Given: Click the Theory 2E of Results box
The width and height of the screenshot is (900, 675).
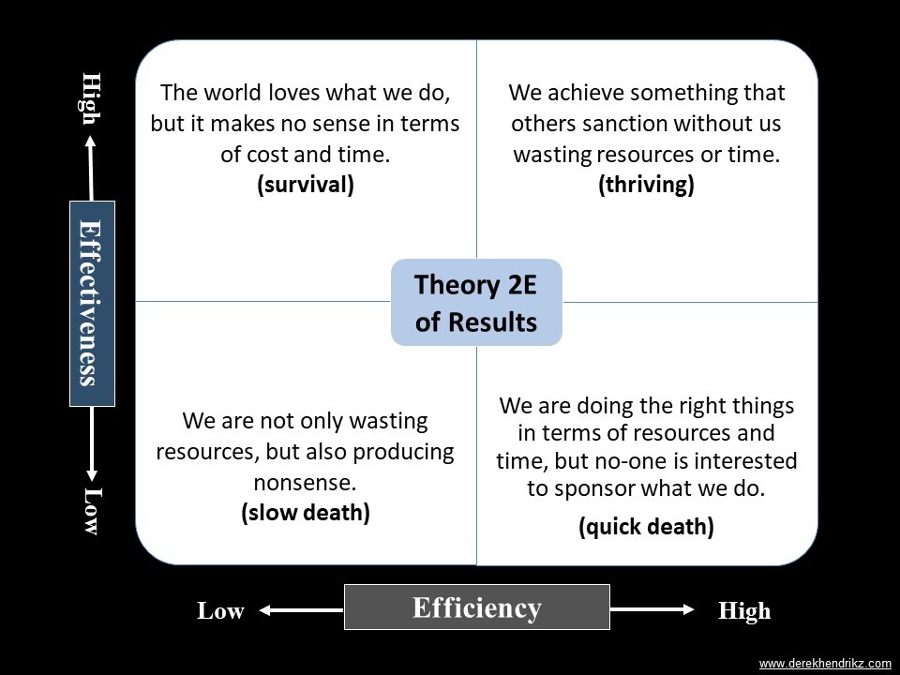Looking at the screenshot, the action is pos(476,303).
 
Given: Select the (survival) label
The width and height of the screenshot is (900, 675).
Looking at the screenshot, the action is pos(306,185).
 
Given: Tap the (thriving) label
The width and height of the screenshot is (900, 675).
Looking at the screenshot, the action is pos(646,185).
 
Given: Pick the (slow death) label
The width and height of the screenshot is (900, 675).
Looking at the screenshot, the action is pos(306,513).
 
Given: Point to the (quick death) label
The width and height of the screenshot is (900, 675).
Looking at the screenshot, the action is pos(646,527).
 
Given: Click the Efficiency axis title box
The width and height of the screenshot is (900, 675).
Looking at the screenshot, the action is pos(477,607).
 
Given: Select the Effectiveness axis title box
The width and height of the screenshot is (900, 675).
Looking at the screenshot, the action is pos(93,304).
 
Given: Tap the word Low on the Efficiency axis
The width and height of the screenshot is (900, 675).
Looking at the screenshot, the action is pos(221,610).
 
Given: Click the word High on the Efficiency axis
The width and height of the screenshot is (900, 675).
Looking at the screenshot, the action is pos(744,610).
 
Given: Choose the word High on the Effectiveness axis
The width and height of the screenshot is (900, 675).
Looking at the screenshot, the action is pos(91,98).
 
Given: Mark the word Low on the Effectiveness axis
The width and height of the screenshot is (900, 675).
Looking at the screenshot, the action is pos(91,511).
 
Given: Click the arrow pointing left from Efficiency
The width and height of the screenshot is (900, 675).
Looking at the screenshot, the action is pos(301,610).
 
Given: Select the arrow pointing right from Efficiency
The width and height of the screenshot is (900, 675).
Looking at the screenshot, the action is pos(652,609).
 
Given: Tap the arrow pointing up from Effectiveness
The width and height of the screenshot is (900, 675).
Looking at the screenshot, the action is pos(91,168).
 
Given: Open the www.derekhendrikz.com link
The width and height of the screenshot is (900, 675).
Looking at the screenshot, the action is pos(825,664).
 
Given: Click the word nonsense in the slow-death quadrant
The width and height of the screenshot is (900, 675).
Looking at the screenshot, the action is pos(306,483).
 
